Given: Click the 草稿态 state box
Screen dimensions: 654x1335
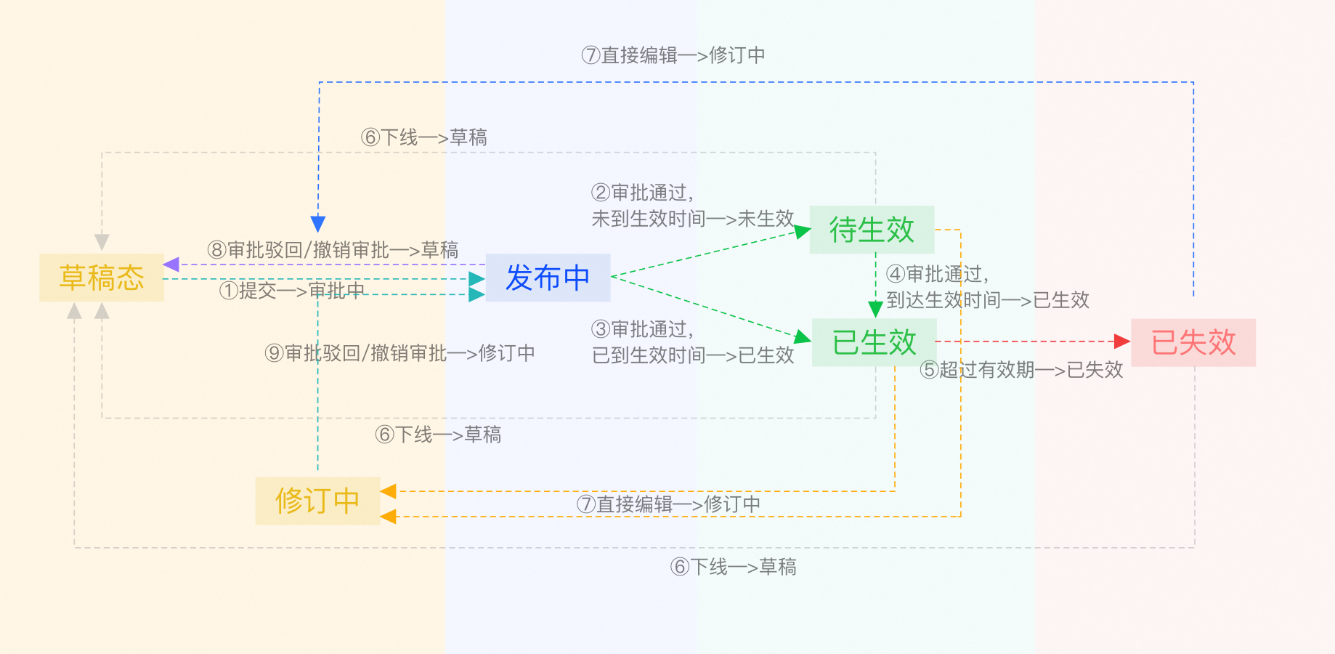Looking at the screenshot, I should (102, 278).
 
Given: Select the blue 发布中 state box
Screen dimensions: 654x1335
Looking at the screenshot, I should (548, 278).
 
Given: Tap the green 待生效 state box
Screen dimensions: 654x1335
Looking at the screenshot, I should (872, 230).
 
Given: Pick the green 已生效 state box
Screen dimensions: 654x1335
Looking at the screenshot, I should (874, 342).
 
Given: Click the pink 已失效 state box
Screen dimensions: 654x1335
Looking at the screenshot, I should (1193, 342).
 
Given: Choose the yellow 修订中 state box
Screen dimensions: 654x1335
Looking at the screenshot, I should (317, 501).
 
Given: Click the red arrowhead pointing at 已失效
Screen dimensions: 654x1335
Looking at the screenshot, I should (1122, 342).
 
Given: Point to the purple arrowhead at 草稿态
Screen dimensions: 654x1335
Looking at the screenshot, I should (171, 265).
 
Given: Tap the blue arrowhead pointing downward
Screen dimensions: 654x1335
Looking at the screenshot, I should (318, 223).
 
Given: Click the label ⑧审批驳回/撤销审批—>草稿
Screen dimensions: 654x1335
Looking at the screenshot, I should (333, 250).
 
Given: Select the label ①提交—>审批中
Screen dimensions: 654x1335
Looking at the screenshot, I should (292, 291).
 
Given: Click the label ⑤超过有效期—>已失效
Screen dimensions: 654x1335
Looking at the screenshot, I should (1021, 370).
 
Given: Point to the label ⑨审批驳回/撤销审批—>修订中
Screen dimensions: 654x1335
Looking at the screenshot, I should (399, 353).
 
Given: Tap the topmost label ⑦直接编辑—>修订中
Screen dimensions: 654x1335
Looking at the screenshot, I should (673, 55).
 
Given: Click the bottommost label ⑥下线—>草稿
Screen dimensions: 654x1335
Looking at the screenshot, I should (733, 567).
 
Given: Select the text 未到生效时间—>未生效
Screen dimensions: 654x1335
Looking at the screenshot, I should (693, 219).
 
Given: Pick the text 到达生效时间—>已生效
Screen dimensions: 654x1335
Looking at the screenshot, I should (988, 300).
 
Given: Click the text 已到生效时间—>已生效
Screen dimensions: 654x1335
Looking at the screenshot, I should (693, 355).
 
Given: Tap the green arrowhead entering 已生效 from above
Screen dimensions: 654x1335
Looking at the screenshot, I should (876, 310).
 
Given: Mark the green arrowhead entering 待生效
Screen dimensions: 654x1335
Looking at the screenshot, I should (802, 231).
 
